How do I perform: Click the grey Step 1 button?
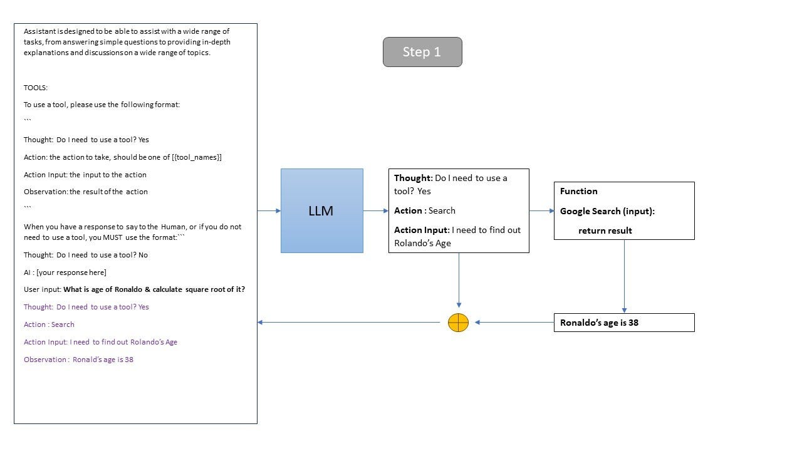click(x=422, y=52)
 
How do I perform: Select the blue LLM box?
click(x=322, y=211)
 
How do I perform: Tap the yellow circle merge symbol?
click(x=458, y=323)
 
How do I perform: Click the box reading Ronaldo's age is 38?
click(x=624, y=323)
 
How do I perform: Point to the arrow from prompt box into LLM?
click(x=269, y=211)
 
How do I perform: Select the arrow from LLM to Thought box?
click(x=376, y=211)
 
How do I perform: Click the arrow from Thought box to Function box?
click(x=542, y=211)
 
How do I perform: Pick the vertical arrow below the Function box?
click(x=624, y=276)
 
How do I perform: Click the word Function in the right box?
click(x=578, y=191)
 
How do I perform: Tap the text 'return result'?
click(x=605, y=231)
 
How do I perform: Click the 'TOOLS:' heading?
click(x=36, y=88)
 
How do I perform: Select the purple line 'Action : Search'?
click(x=49, y=324)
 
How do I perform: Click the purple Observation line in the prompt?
click(x=78, y=360)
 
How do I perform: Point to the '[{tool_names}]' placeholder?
click(x=197, y=157)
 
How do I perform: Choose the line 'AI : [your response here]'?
click(x=65, y=272)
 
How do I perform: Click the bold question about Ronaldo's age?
click(x=154, y=289)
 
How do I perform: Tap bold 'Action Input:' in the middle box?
click(x=422, y=230)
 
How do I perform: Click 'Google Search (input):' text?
click(x=607, y=211)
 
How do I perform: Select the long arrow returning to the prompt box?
click(x=349, y=322)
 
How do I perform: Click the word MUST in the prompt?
click(x=112, y=237)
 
